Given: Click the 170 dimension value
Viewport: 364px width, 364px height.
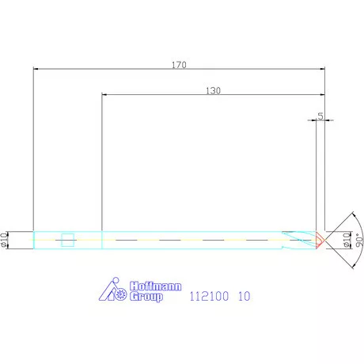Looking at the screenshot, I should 180,65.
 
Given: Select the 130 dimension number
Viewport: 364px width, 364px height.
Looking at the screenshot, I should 213,91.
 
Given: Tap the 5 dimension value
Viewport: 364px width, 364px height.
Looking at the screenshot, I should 320,116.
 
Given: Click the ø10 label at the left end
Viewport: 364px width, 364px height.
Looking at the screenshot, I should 6,238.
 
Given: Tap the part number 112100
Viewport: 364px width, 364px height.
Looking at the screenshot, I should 208,297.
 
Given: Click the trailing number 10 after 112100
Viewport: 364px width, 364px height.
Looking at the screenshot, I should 245,297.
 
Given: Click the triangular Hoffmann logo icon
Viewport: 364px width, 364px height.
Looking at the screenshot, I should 107,291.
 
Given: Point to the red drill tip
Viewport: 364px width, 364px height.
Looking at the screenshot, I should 320,238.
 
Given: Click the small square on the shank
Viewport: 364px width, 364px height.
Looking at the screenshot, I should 68,239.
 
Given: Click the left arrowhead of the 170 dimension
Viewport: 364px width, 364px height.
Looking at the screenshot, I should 36,69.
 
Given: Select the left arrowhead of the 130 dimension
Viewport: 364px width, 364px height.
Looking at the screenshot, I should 104,95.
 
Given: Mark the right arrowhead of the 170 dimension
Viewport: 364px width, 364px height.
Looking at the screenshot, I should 323,69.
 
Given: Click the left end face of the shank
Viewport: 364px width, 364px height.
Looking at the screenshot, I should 33,238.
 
